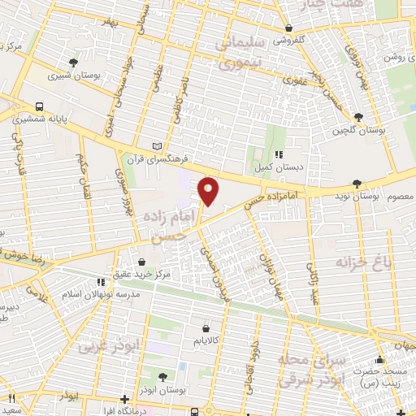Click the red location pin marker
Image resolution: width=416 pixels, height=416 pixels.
coord(209,190)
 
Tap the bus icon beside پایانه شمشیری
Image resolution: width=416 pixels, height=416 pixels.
coord(39,106)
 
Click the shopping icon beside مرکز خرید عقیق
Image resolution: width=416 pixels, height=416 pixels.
coord(142,263)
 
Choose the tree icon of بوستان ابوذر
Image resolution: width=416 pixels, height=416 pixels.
coord(162,377)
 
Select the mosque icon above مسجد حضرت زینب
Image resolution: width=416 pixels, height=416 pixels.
coord(378,360)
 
